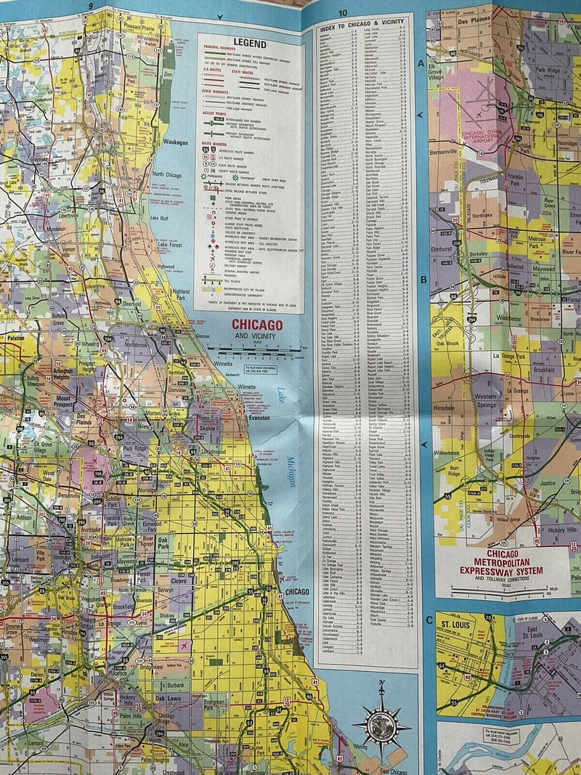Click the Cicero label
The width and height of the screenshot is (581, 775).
(177, 582)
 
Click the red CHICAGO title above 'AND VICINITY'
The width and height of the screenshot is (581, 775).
(256, 325)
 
